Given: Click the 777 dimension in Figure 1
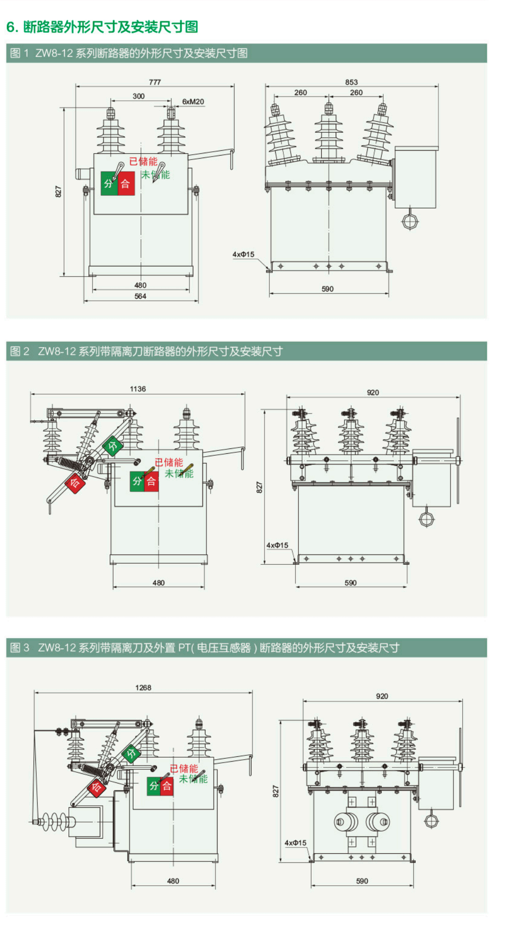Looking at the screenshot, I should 155,82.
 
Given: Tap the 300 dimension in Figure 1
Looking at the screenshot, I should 139,96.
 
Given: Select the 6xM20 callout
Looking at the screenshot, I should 193,102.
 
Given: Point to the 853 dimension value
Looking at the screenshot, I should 351,82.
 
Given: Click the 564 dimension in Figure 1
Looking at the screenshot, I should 140,296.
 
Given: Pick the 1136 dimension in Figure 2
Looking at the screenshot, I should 138,389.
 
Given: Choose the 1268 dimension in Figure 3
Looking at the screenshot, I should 143,687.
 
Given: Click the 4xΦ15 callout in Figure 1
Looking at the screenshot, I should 243,255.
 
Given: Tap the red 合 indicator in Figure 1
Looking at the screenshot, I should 125,184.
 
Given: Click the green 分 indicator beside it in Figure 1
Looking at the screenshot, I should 109,184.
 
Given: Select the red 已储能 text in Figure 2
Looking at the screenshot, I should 169,462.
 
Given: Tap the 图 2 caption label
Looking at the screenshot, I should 20,351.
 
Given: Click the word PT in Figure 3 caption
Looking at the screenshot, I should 184,648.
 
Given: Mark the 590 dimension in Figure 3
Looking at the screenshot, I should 362,881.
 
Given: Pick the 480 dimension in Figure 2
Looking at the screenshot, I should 158,583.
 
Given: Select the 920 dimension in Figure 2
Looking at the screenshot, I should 373,392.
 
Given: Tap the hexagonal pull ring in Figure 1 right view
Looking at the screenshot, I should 410,221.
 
